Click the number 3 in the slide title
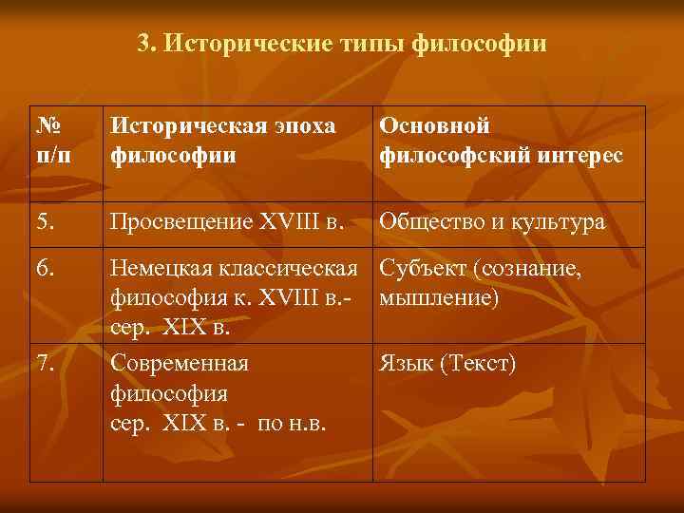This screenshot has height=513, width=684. pos(143,44)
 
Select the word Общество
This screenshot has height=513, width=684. pos(433,222)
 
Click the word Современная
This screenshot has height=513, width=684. pos(180,363)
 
